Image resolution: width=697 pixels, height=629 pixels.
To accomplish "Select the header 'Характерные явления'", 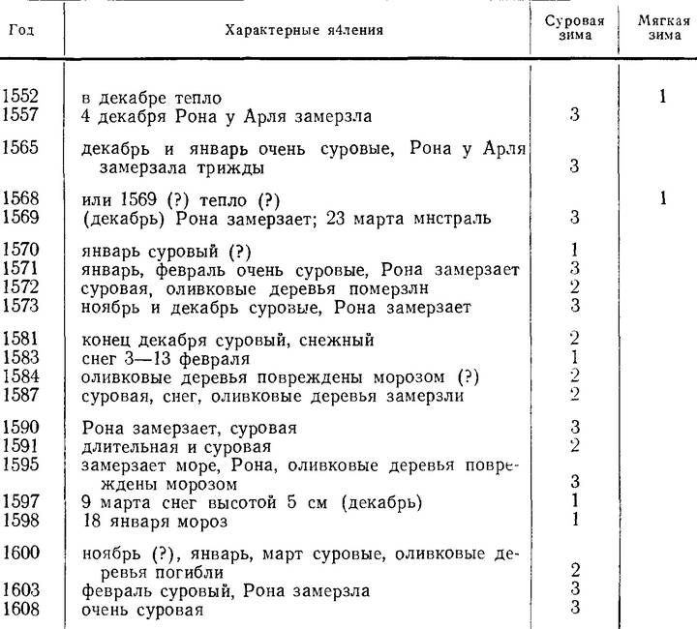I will coord(304,30).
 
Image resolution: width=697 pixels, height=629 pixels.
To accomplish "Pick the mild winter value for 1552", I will coord(662,97).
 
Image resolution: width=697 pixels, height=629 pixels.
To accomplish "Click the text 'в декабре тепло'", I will coord(152,98).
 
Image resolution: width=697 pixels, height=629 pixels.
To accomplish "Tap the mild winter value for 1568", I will coord(662,198).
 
